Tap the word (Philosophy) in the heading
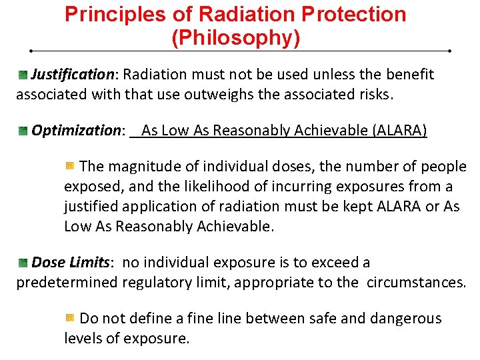(236, 38)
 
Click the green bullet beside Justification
(23, 74)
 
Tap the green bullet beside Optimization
(23, 130)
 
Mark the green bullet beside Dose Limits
(23, 263)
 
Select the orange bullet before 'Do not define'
(70, 318)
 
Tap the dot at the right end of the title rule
(450, 51)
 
